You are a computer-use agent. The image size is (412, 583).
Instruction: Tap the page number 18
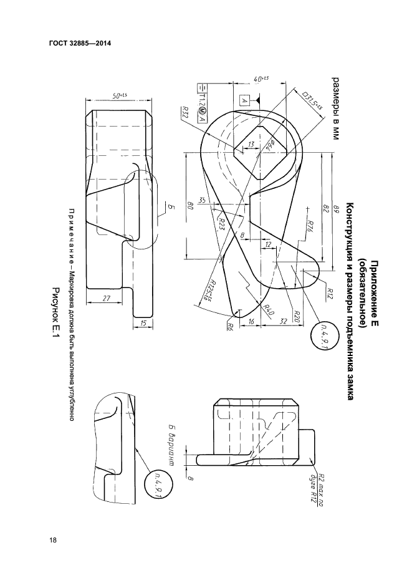pyautogui.click(x=53, y=540)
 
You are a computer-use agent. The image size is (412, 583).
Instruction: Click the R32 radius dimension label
pyautogui.click(x=186, y=113)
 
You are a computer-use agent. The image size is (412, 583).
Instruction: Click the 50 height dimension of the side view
pyautogui.click(x=118, y=95)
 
